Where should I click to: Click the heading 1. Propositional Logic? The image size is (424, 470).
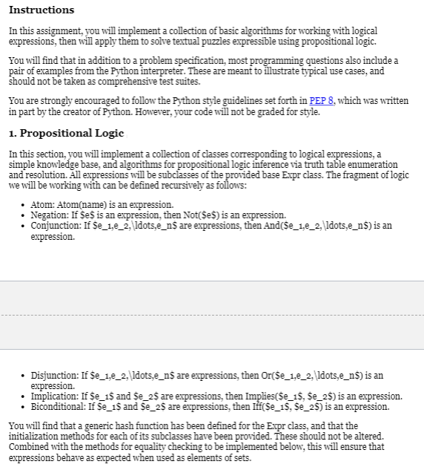(67, 134)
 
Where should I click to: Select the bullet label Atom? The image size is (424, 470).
(43, 204)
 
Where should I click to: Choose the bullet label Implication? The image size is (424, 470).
(56, 396)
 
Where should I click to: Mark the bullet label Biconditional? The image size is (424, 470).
(59, 406)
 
